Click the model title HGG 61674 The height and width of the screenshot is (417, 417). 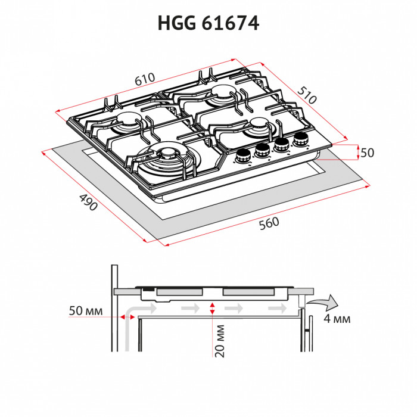click(x=208, y=23)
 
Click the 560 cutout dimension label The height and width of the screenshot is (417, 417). click(x=269, y=223)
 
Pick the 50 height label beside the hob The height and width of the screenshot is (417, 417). click(x=367, y=153)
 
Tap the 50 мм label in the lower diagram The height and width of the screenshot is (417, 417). click(x=86, y=312)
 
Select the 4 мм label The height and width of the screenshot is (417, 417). click(x=337, y=319)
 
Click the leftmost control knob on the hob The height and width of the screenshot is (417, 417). click(x=242, y=157)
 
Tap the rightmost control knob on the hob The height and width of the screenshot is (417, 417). click(x=300, y=140)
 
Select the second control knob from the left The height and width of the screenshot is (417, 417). click(x=262, y=151)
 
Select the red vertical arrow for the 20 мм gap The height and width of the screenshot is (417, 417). click(x=213, y=308)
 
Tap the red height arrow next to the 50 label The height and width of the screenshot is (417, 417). click(x=357, y=153)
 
